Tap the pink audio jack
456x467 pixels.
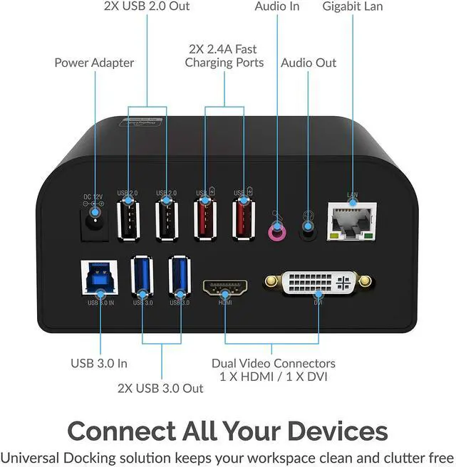(x=275, y=231)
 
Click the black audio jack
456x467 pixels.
(x=309, y=230)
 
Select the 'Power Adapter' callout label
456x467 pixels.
(x=94, y=63)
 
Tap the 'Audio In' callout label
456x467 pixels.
(x=277, y=6)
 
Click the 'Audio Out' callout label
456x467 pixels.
(x=309, y=63)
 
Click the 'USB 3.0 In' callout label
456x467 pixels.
(x=99, y=363)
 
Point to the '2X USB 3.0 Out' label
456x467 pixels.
(x=160, y=388)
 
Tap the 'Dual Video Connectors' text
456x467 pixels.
(x=274, y=364)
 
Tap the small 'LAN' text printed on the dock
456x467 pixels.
(x=351, y=194)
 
